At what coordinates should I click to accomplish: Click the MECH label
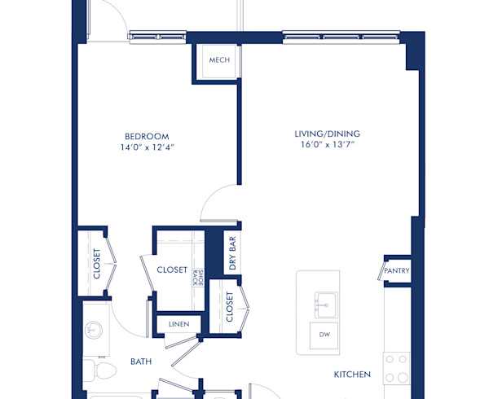(218, 60)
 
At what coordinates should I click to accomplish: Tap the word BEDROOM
(147, 135)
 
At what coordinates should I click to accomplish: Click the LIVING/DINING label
(328, 134)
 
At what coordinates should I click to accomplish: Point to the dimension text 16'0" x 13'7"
(328, 146)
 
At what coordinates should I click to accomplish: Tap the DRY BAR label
(232, 253)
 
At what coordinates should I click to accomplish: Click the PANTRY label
(398, 271)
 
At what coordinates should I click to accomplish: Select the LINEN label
(178, 324)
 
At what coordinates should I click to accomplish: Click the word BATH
(142, 361)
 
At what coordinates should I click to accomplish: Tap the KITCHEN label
(352, 375)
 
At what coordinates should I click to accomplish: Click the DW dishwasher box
(324, 335)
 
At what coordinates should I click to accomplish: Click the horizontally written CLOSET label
(172, 270)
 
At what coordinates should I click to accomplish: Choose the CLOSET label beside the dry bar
(230, 306)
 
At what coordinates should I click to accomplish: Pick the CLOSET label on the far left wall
(96, 264)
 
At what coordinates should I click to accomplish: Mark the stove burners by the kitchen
(396, 369)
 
